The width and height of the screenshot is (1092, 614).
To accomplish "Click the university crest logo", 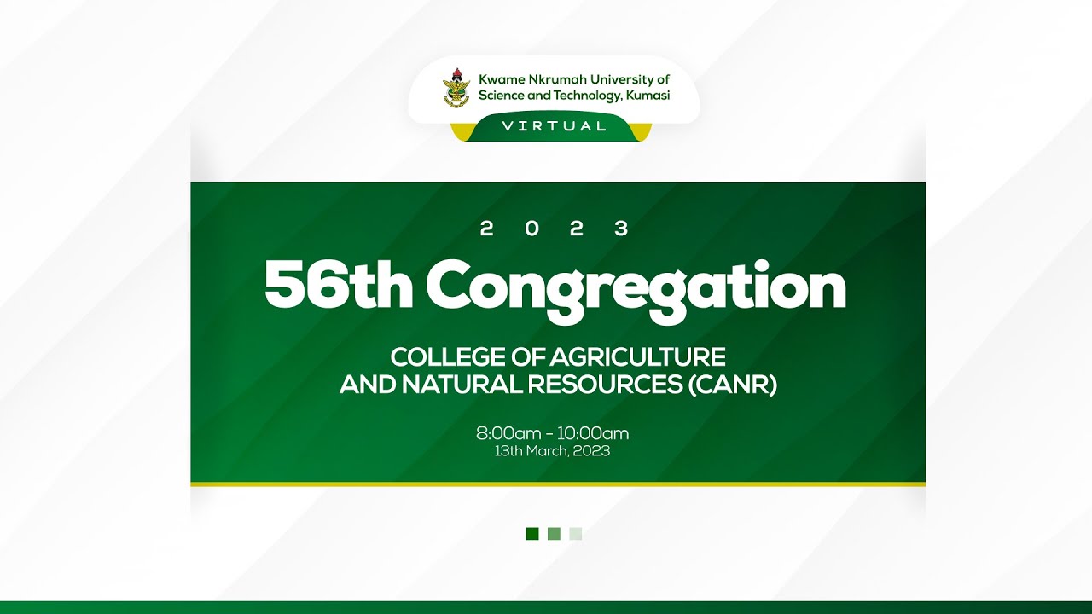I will coord(456,88).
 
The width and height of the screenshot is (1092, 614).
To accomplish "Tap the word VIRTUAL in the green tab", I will coord(554,126).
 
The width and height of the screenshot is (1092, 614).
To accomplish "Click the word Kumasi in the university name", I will coord(648,96).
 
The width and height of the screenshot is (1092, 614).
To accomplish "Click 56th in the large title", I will coord(338,286).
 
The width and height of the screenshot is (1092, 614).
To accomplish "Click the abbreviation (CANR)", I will coord(732,385).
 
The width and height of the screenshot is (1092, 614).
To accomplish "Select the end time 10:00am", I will coord(593,433).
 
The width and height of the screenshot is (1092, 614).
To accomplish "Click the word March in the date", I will coord(546,451).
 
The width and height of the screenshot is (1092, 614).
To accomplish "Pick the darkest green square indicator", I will coord(532,534).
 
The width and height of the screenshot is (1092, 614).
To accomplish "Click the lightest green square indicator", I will coord(576,534).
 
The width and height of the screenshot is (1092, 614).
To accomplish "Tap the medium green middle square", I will coord(554,534).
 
